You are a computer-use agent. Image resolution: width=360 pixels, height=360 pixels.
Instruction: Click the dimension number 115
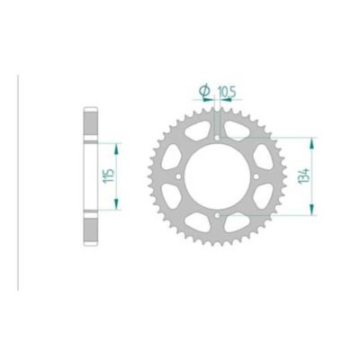pos(107,175)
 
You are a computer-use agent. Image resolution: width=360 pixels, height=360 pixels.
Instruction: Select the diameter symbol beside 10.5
pos(202,90)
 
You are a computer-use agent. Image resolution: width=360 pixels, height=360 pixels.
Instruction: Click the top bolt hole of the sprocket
pos(220,138)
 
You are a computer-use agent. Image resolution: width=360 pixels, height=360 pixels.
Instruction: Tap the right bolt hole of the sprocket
pos(258,176)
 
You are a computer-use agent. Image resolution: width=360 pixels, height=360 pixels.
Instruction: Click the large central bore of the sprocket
pos(220,176)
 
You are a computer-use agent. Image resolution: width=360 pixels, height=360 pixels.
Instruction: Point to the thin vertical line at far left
pos(19,176)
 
